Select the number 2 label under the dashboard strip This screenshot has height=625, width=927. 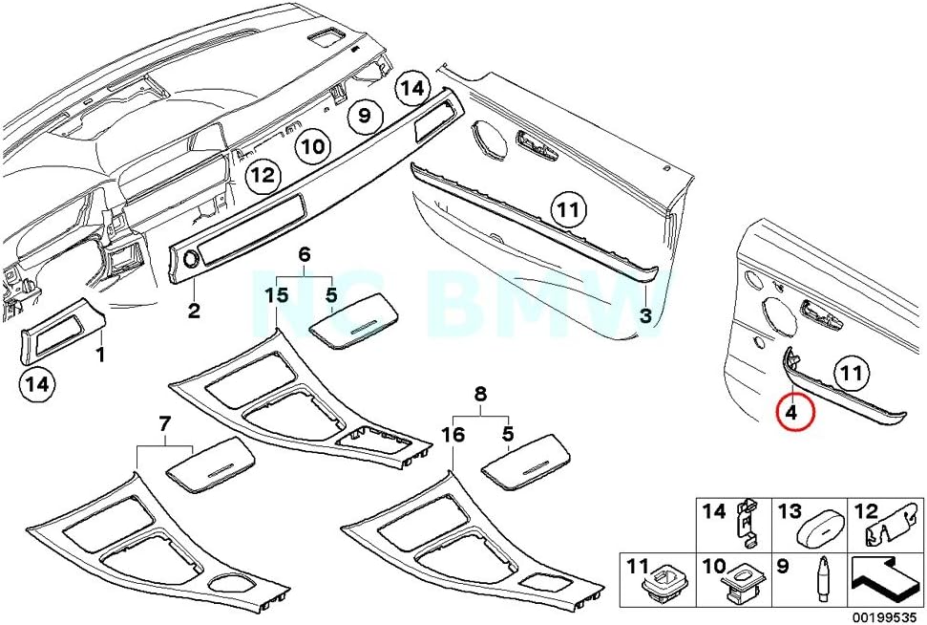tap(193, 310)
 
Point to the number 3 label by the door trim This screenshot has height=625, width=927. tap(646, 315)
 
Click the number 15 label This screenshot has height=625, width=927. tap(276, 296)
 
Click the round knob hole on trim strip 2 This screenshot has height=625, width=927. tap(188, 257)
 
